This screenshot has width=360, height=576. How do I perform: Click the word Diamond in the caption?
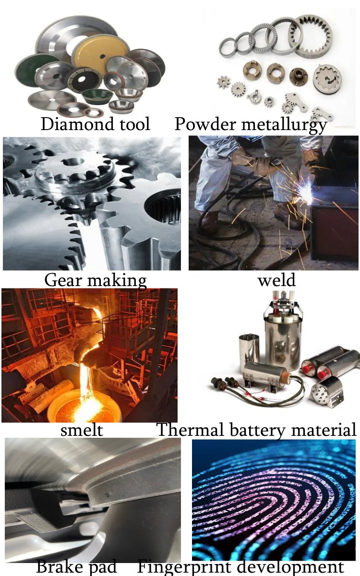pyautogui.click(x=77, y=124)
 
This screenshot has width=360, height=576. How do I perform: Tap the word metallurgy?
pyautogui.click(x=284, y=125)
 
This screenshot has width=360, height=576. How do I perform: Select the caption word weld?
pyautogui.click(x=276, y=280)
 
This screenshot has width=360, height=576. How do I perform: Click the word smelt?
pyautogui.click(x=82, y=430)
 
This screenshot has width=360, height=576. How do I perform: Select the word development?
pyautogui.click(x=290, y=567)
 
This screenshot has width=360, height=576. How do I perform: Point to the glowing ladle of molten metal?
pyautogui.click(x=84, y=406)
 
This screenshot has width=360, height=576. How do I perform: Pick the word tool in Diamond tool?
pyautogui.click(x=134, y=124)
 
